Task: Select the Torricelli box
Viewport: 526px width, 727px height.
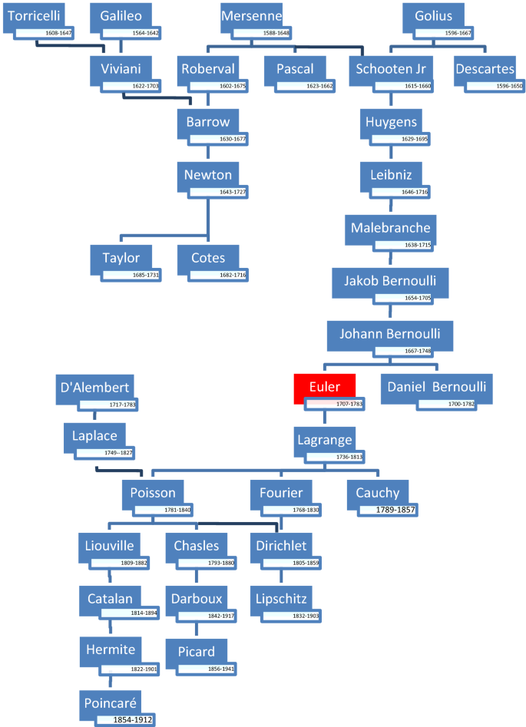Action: pos(31,17)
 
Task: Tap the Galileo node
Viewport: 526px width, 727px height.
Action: pos(121,17)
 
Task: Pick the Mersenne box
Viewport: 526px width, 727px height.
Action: pos(251,17)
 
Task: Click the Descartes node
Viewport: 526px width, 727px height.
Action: pos(485,69)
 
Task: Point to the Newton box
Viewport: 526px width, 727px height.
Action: pos(207,175)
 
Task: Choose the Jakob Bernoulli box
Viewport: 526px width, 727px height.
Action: pos(389,279)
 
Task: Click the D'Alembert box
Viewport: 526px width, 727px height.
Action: pos(94,386)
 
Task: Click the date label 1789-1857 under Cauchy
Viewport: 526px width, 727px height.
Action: pos(395,510)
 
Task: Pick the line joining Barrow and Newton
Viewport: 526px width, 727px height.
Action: pos(207,152)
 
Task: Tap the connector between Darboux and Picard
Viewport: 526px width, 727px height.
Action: pos(197,627)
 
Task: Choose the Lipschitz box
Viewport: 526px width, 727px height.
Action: pos(283,597)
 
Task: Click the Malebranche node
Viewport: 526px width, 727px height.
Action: pos(390,228)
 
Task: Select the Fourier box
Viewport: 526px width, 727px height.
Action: pos(281,492)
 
